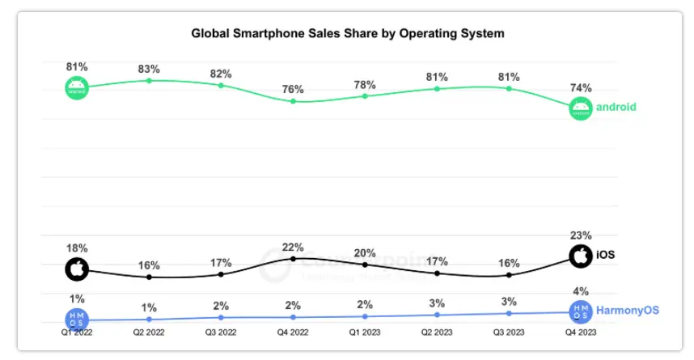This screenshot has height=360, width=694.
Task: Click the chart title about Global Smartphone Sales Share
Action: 347,34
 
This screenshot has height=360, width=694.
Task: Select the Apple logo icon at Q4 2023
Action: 580,256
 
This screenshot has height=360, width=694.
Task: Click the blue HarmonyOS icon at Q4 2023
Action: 580,311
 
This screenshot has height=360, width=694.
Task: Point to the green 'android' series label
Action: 616,106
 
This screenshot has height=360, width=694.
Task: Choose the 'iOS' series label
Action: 605,256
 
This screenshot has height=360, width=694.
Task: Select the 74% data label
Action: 581,87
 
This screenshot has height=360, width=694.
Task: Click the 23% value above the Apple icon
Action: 581,236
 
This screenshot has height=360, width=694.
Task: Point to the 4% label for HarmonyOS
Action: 581,291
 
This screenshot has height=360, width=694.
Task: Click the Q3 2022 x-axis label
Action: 220,332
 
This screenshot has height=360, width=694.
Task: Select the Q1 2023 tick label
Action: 365,332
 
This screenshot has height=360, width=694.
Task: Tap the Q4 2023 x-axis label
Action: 581,332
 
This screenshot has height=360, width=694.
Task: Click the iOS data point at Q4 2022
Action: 293,259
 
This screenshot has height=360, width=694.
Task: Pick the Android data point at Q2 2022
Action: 148,80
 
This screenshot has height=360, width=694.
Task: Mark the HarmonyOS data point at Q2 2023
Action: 437,315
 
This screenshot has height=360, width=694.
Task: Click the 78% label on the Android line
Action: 365,83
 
